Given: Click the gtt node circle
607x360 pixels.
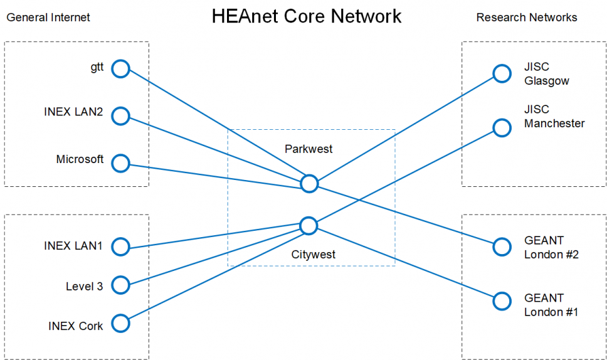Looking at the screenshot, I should click(x=120, y=68).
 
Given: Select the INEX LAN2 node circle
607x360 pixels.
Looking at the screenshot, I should click(x=120, y=116).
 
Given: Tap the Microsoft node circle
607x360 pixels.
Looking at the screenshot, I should click(x=120, y=164).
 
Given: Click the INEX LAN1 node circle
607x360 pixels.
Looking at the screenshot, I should click(x=120, y=247).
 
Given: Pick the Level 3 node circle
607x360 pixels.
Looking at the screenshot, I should click(x=120, y=285).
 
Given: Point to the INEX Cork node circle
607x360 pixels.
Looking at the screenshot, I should click(x=120, y=324).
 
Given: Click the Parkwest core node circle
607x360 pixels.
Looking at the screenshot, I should click(x=309, y=183).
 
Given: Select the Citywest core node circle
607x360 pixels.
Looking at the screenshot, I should click(x=309, y=226).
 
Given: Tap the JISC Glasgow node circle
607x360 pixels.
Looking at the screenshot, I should click(x=502, y=73).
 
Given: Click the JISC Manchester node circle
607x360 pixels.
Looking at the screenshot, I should click(x=502, y=127).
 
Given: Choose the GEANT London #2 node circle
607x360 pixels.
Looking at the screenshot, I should click(x=502, y=246).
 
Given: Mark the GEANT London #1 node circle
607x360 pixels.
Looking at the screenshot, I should click(x=502, y=301).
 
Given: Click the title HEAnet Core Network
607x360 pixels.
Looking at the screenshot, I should click(x=306, y=16).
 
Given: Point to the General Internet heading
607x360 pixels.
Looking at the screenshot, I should click(x=48, y=18).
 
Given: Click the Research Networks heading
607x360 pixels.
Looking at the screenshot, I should click(x=527, y=18).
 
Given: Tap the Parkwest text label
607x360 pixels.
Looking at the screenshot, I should click(x=309, y=149).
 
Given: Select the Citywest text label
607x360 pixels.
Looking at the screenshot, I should click(x=313, y=255).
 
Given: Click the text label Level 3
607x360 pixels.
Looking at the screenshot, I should click(x=84, y=287).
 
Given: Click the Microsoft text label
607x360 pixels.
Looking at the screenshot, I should click(x=80, y=159).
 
